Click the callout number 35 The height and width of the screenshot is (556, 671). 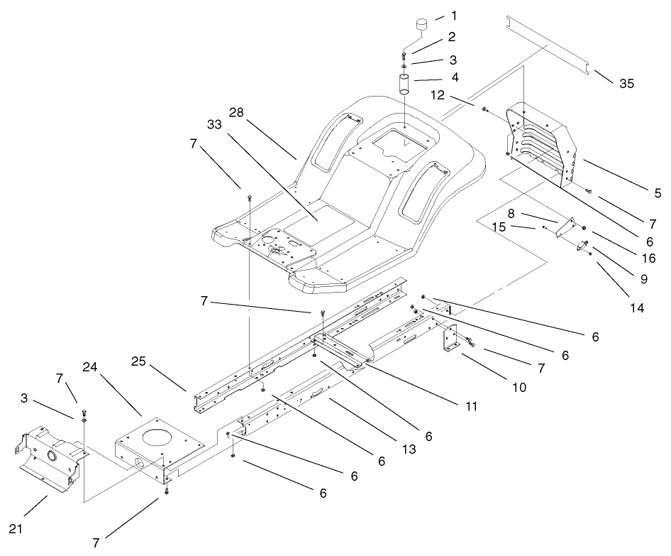coord(626,83)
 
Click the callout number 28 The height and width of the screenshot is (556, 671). coord(237,112)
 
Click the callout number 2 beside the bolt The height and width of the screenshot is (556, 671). coord(451,36)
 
